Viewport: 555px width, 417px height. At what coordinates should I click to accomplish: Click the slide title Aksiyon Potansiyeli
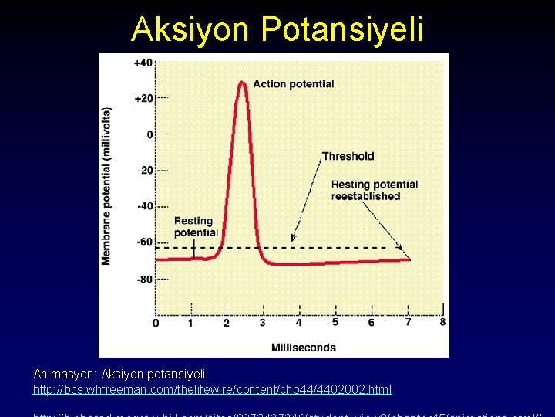(277, 29)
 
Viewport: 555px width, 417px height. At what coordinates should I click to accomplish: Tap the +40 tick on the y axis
(143, 63)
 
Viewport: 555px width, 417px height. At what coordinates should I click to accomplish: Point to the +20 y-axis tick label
(143, 99)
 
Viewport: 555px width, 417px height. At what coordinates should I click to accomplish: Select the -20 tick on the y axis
(144, 170)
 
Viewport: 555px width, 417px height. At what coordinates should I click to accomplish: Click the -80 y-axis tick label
(144, 279)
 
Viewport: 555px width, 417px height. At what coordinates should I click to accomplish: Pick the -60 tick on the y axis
(144, 242)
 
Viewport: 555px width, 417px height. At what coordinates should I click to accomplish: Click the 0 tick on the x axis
(156, 322)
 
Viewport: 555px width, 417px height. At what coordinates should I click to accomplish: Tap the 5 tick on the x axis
(335, 322)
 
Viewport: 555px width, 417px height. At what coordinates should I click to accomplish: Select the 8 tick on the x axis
(442, 322)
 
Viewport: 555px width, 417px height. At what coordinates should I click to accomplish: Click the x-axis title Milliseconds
(303, 347)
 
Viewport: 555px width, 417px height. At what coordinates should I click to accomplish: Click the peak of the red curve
(243, 81)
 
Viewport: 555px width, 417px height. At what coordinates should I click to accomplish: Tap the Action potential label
(293, 84)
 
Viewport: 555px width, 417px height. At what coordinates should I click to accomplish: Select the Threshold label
(348, 156)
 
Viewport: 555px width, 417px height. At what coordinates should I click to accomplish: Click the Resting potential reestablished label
(375, 190)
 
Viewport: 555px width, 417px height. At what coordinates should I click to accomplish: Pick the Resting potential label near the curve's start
(196, 226)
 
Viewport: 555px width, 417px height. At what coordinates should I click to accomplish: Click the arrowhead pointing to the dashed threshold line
(293, 239)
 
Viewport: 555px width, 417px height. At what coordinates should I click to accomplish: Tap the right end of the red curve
(409, 259)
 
